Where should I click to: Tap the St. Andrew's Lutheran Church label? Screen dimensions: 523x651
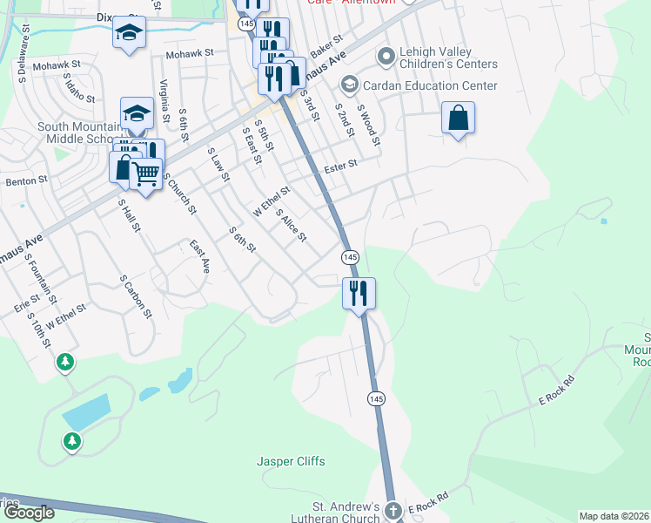(346, 513)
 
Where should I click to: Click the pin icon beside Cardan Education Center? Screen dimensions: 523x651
(350, 85)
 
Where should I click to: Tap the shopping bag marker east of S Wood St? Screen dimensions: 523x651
(458, 118)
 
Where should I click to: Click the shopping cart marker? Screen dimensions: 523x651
(146, 174)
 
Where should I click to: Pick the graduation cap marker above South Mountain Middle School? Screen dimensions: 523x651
(137, 112)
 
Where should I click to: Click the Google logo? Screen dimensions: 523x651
(29, 513)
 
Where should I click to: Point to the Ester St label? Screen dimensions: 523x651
(341, 165)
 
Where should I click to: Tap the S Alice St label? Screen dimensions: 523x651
(291, 226)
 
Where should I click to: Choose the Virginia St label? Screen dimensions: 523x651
(164, 99)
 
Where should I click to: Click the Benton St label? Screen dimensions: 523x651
(26, 180)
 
